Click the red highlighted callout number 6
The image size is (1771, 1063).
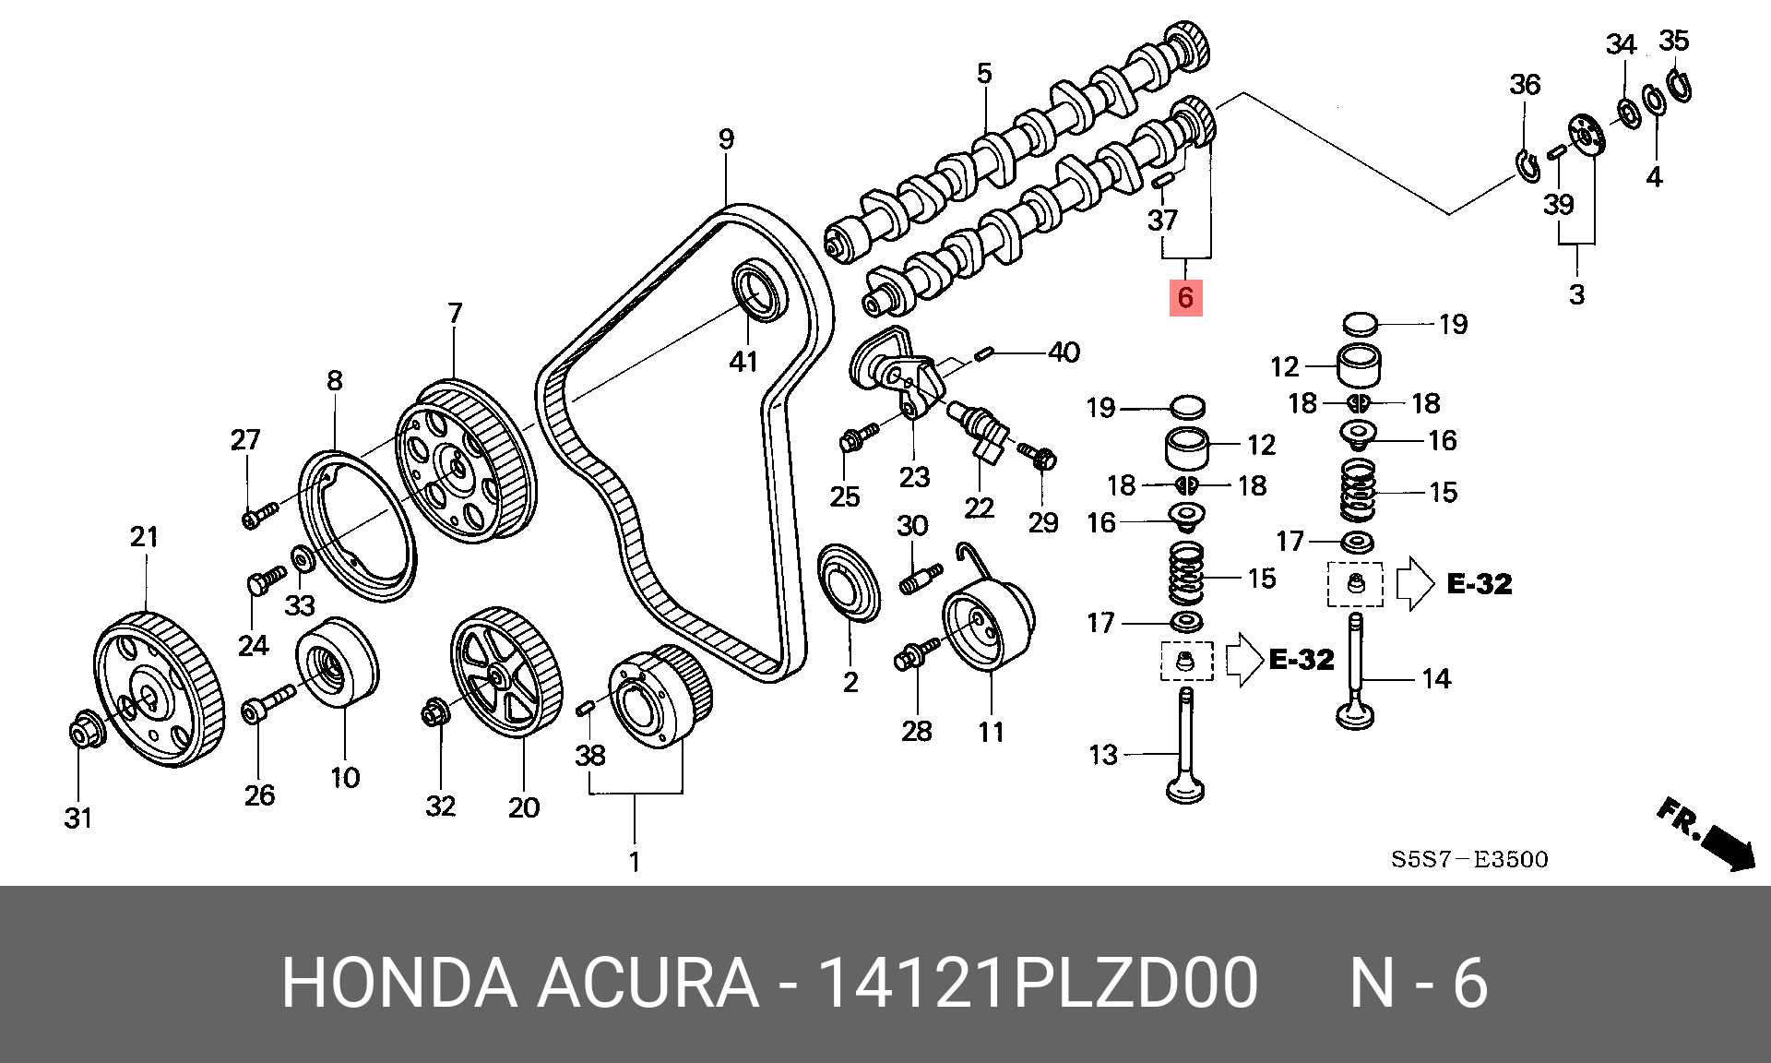(1185, 297)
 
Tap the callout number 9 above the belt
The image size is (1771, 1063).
(727, 139)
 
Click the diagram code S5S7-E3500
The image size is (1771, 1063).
(1469, 860)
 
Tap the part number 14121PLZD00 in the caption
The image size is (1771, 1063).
(1038, 983)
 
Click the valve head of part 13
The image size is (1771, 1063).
(1185, 791)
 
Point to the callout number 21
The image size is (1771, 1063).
(144, 536)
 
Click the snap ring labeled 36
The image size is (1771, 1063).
(1527, 166)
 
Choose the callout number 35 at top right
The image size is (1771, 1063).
(1673, 41)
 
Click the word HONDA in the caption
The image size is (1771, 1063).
(398, 983)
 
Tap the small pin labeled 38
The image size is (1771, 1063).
(584, 708)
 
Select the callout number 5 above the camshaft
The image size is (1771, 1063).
(984, 74)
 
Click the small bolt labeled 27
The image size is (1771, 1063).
(259, 515)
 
